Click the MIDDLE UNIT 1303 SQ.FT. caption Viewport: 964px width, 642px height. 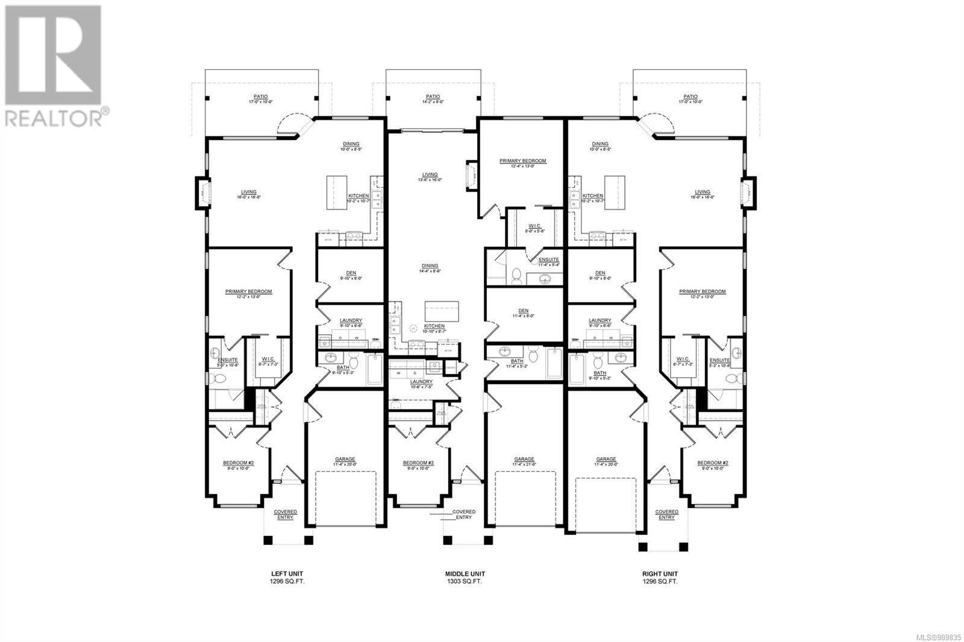pos(465,578)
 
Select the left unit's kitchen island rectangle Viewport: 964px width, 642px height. pos(337,192)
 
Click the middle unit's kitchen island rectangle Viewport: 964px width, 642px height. pos(442,311)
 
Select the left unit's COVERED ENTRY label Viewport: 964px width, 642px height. pos(285,515)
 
